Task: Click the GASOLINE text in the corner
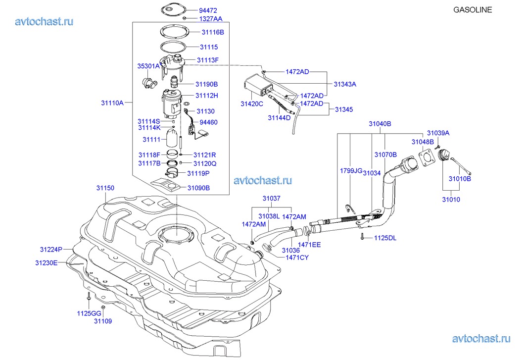pos(473,9)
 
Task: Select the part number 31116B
pos(213,32)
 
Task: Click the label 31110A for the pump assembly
pos(112,103)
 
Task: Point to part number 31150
pos(105,188)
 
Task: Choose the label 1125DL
pos(386,238)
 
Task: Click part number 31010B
pos(460,178)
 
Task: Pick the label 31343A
pos(345,84)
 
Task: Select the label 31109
pos(103,321)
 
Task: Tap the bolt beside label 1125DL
pos(363,237)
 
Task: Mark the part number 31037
pos(271,199)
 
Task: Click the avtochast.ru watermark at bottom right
pos(480,339)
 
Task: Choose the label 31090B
pos(198,188)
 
